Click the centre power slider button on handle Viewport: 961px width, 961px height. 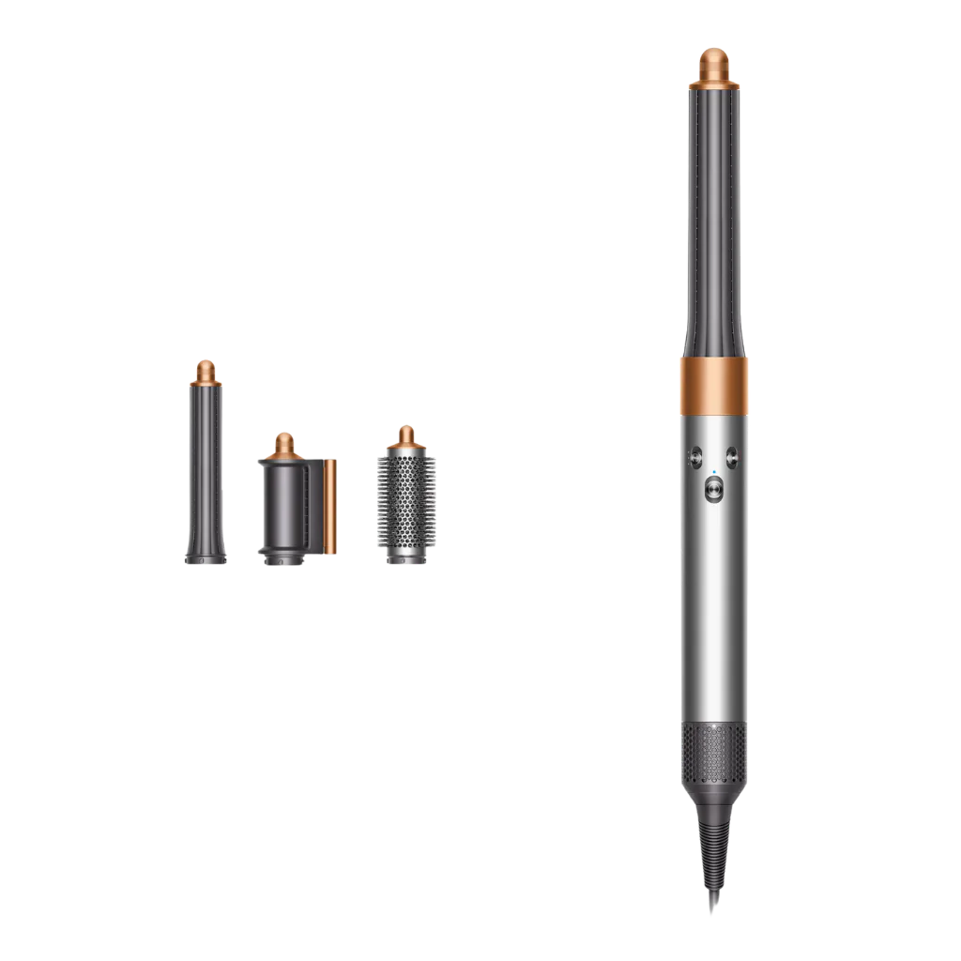point(712,487)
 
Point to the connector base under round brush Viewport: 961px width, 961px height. point(405,558)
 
